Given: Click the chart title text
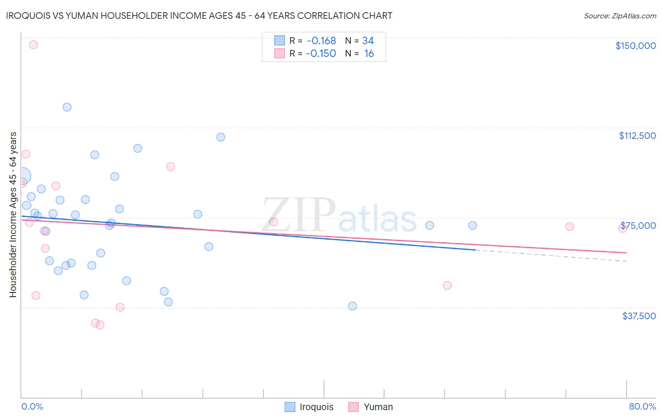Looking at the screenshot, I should point(199,16).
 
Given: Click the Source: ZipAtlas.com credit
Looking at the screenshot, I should point(620,16).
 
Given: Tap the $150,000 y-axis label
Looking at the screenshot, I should point(635,46).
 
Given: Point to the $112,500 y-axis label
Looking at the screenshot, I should point(637,136).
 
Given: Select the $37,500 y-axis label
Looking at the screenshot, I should point(639,316).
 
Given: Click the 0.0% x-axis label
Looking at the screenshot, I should point(32,406).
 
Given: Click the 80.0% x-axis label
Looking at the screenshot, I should point(642,406).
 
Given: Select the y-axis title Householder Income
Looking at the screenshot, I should point(13,214).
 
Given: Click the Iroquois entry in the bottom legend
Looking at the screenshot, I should point(309,407).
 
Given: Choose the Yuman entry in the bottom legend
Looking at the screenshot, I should point(371,407).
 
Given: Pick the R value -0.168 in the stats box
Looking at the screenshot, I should point(321,41).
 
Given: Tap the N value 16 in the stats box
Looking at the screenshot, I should point(369,54).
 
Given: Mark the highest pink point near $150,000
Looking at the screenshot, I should point(33,45).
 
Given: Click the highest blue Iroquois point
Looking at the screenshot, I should point(67,107).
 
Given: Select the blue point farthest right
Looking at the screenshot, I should point(472,226).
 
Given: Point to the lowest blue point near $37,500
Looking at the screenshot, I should point(352,306).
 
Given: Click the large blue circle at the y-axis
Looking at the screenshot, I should point(22,176).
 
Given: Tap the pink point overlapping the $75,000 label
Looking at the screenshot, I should point(622,228).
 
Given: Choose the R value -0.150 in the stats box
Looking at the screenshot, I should point(321,54).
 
